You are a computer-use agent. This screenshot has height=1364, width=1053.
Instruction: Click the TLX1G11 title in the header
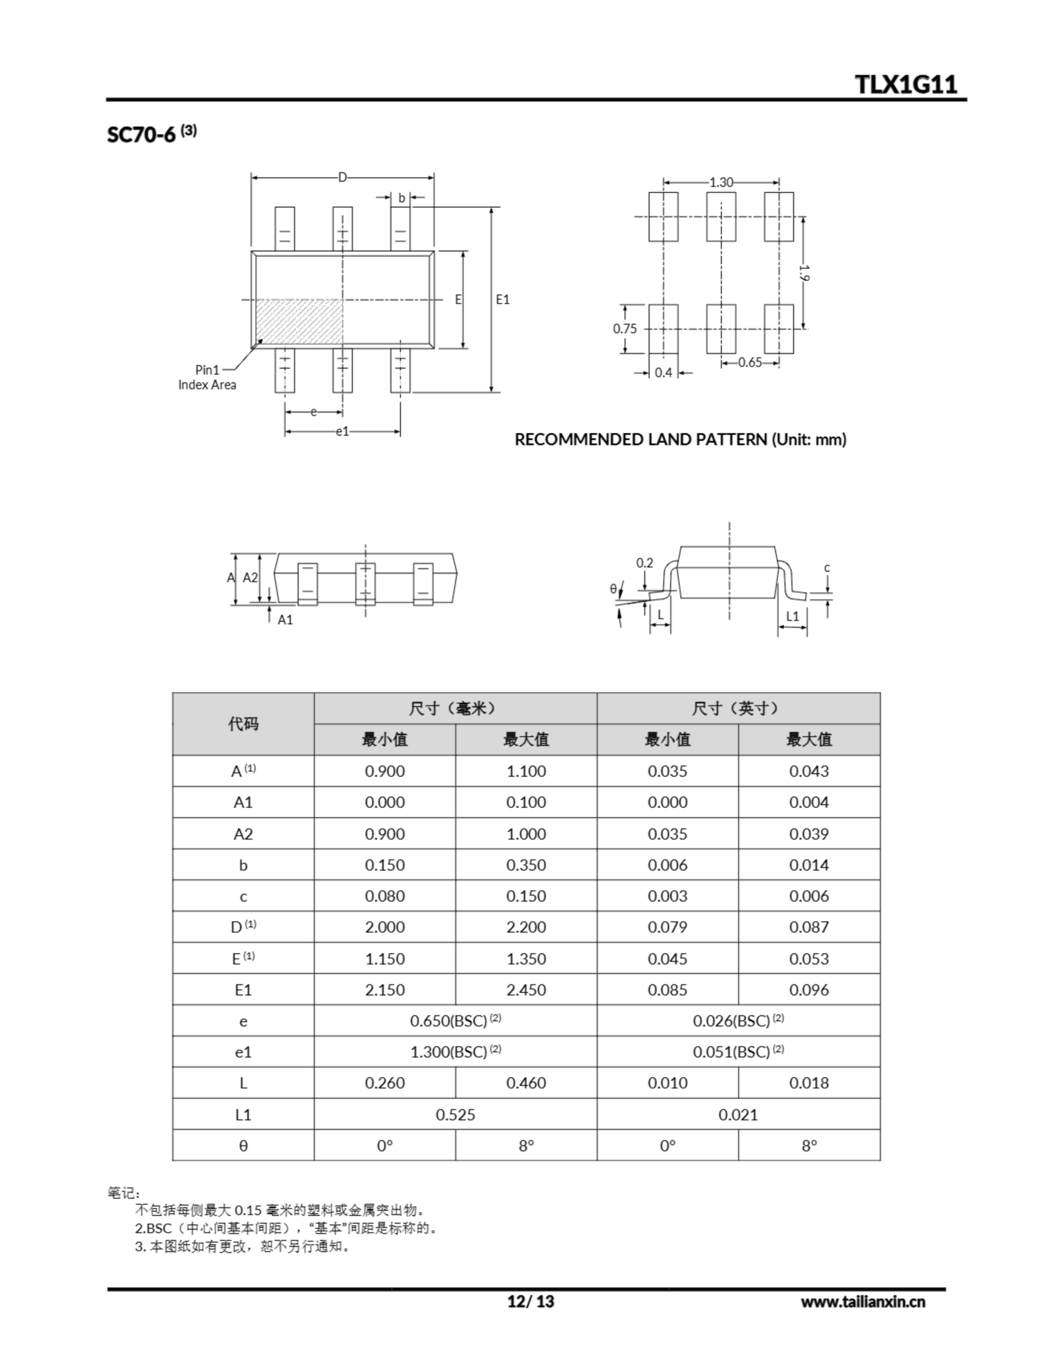click(905, 84)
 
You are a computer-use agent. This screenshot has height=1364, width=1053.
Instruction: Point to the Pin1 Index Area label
click(207, 377)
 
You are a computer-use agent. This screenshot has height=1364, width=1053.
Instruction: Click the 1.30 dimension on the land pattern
click(721, 182)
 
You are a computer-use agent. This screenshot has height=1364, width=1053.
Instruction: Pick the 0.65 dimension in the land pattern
click(750, 362)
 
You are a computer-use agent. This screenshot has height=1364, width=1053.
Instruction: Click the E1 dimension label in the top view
click(503, 300)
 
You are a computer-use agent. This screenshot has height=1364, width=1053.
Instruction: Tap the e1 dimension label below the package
click(343, 431)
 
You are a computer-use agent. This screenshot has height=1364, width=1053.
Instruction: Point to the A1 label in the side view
click(285, 620)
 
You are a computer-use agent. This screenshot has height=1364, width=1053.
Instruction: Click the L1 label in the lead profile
click(792, 616)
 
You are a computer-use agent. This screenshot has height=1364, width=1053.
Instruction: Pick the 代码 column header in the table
click(243, 724)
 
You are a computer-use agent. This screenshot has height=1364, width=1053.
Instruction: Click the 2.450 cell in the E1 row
click(525, 990)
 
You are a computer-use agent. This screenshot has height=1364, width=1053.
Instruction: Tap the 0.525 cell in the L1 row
click(455, 1115)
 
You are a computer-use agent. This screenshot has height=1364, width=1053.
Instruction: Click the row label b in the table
click(243, 865)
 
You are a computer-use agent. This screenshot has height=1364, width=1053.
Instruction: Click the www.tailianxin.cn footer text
click(862, 1302)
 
